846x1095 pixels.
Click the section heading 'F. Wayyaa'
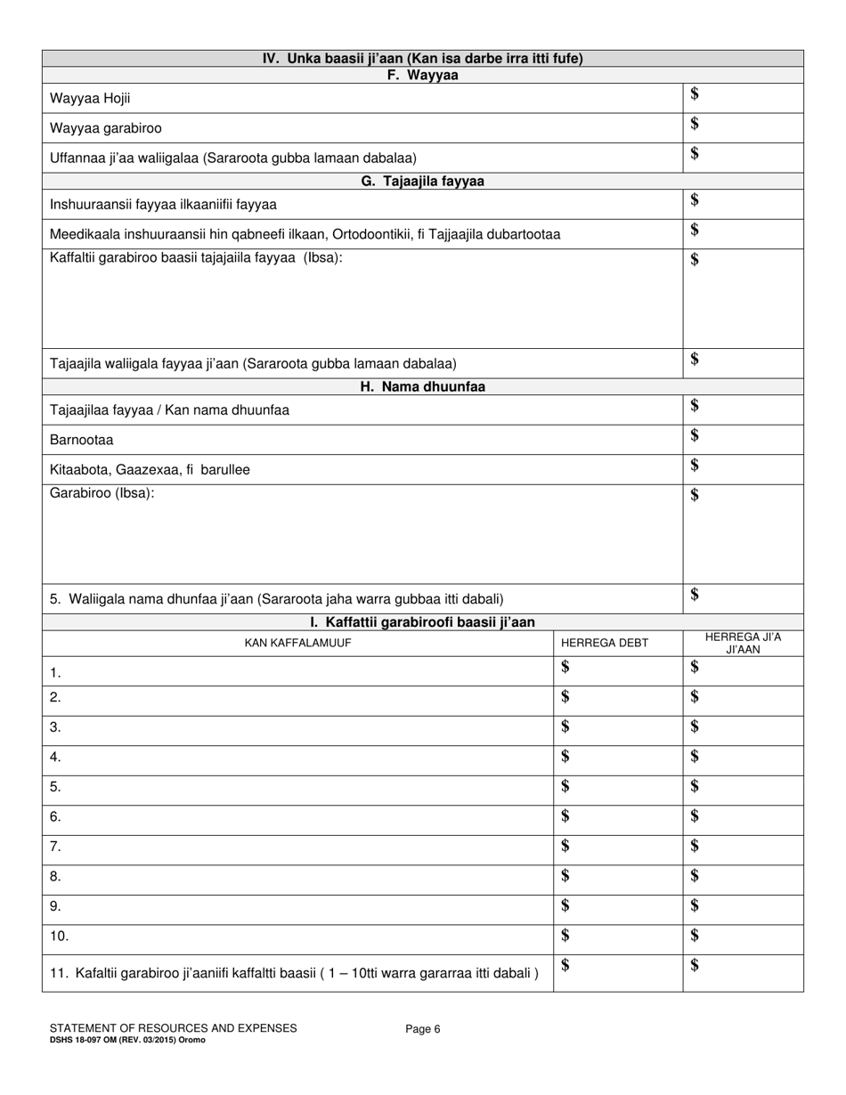[x=422, y=76]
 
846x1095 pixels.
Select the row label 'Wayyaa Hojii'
[x=84, y=99]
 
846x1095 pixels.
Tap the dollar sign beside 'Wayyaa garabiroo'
[x=695, y=124]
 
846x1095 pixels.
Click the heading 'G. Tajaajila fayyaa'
[x=422, y=181]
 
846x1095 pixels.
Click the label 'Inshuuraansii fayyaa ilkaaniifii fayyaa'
[x=163, y=204]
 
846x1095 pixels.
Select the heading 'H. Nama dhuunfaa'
[x=422, y=386]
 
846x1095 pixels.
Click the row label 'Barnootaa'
[x=82, y=440]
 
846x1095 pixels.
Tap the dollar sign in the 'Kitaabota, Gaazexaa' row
[x=695, y=466]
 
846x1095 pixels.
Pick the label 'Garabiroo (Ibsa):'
[x=102, y=493]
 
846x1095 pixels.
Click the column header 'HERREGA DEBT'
[x=605, y=643]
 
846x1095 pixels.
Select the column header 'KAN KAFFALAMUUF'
[x=297, y=643]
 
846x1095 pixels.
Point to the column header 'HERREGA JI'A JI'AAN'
[x=742, y=643]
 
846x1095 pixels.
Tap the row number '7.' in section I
[x=55, y=847]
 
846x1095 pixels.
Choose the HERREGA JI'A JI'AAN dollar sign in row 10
[x=695, y=935]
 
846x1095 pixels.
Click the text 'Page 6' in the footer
[x=423, y=1029]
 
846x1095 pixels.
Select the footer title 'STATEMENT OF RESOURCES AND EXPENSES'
[x=174, y=1028]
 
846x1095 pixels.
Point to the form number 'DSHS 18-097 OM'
[x=87, y=1040]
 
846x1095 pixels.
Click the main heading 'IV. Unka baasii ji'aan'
[x=422, y=59]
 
